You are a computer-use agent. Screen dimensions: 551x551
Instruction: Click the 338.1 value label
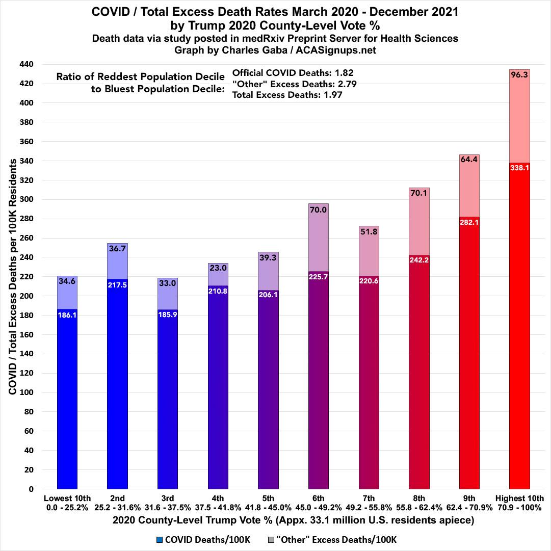tap(519, 168)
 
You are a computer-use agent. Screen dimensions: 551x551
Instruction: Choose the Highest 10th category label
tap(519, 498)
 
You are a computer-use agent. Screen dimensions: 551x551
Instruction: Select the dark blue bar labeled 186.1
tap(67, 398)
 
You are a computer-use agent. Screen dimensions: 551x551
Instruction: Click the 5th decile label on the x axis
tap(268, 498)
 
